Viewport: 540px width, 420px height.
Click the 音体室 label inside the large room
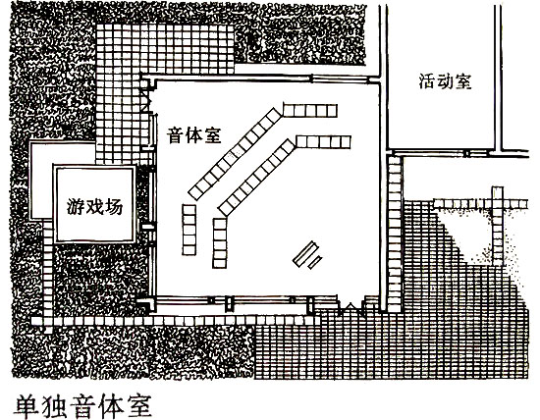[x=193, y=135]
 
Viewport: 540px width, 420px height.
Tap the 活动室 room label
[x=445, y=81]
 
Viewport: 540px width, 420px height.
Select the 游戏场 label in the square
[x=94, y=207]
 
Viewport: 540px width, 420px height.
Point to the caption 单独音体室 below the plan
[x=82, y=406]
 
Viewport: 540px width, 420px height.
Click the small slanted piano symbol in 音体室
[x=307, y=255]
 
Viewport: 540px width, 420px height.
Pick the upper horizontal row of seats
[x=310, y=111]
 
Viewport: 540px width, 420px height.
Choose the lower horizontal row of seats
[x=323, y=142]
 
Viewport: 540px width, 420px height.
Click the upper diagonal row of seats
[x=235, y=154]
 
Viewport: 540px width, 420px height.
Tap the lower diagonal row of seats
[x=257, y=178]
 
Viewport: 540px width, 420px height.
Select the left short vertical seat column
[x=189, y=230]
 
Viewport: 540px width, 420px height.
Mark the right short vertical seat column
[x=220, y=242]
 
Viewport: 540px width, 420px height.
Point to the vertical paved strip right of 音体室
[x=395, y=235]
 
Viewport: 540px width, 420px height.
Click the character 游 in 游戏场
[x=76, y=207]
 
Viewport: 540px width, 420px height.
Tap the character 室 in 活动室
[x=462, y=81]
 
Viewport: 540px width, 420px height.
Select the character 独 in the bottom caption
[x=55, y=406]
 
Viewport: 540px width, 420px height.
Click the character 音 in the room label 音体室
[x=176, y=135]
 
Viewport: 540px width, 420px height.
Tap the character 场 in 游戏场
[x=114, y=207]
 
